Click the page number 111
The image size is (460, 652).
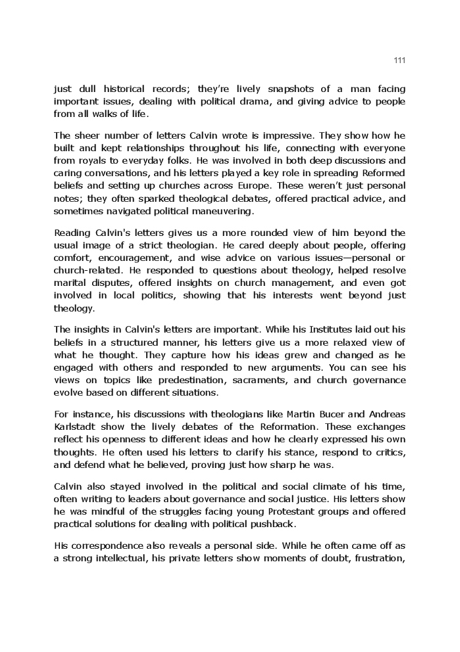pyautogui.click(x=399, y=60)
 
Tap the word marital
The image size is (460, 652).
pyautogui.click(x=70, y=283)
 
